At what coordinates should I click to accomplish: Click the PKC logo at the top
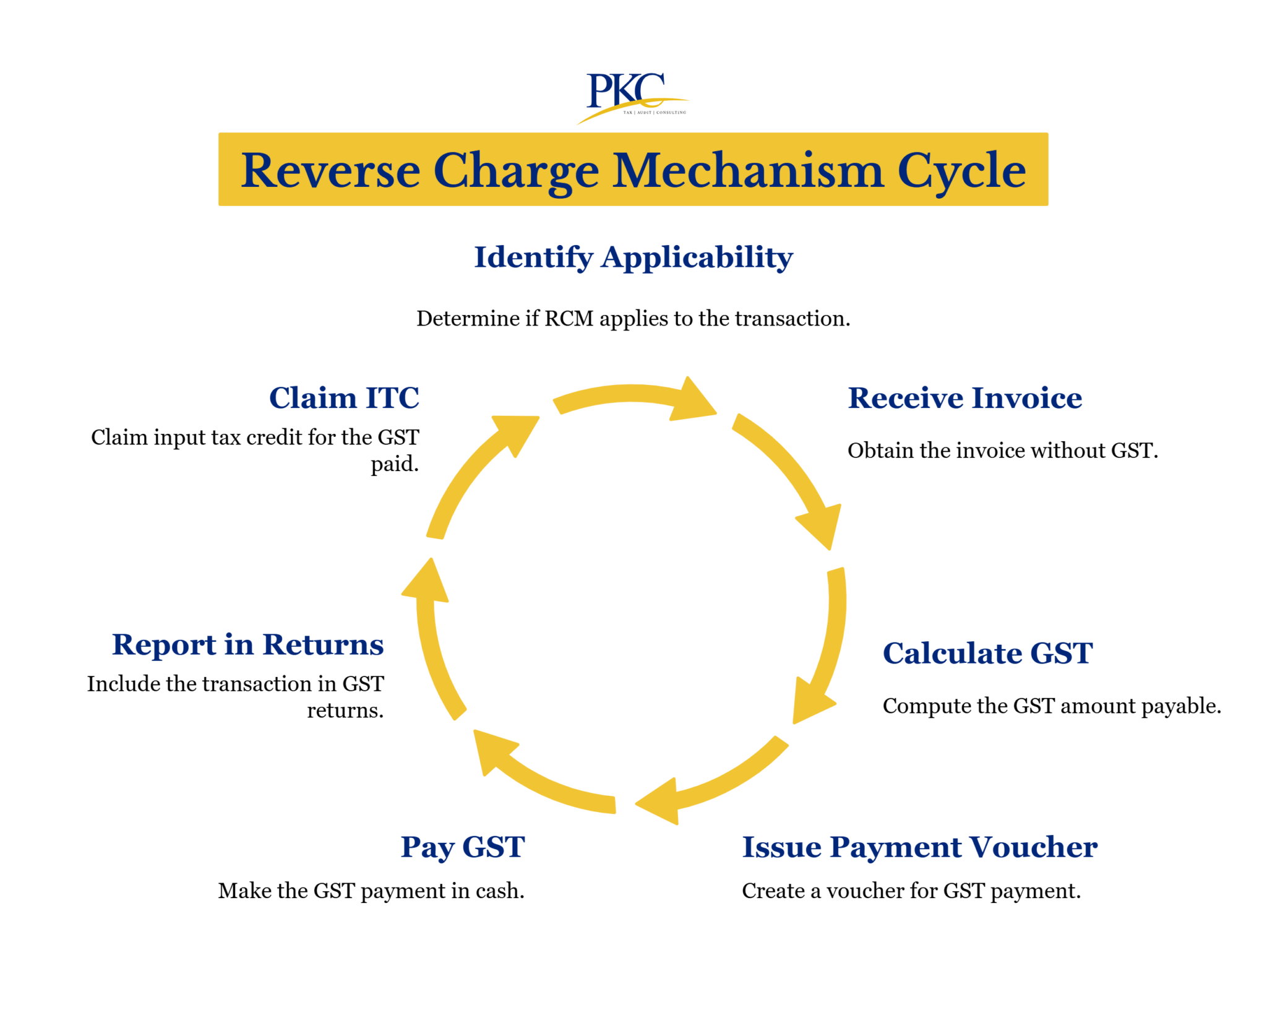pos(630,96)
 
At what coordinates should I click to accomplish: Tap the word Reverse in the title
pos(330,170)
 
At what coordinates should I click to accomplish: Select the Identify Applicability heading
pos(633,257)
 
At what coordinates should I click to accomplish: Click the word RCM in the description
pos(569,318)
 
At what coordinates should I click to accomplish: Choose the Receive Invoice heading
pos(964,398)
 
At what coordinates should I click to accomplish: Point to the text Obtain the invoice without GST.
pos(1002,450)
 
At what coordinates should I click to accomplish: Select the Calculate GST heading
pos(987,654)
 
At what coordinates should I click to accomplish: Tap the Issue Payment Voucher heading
pos(919,847)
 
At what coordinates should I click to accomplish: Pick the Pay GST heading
pos(462,847)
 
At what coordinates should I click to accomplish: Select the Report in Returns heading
pos(247,645)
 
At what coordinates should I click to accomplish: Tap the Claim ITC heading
pos(344,398)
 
